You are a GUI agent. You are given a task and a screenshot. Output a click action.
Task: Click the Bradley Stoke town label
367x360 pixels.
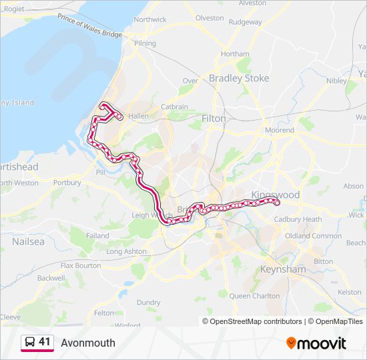(x=239, y=78)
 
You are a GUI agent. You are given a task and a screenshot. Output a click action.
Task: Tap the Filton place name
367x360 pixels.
(x=214, y=118)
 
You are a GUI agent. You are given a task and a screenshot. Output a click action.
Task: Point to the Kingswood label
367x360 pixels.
(x=276, y=195)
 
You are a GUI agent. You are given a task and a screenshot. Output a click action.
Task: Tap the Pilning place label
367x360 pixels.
(x=145, y=43)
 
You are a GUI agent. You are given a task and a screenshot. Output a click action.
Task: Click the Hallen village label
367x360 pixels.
(x=138, y=115)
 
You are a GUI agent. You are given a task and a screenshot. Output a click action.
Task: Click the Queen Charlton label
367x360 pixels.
(x=254, y=295)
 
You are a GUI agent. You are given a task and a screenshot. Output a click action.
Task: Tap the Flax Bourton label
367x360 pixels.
(x=81, y=265)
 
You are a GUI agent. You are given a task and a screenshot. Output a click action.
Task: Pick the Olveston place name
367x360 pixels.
(x=210, y=18)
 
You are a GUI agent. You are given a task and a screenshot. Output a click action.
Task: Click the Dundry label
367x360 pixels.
(x=148, y=302)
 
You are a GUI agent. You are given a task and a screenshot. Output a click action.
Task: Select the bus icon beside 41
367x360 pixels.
(x=30, y=342)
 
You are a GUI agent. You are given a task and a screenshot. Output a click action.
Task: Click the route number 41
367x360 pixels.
(x=45, y=342)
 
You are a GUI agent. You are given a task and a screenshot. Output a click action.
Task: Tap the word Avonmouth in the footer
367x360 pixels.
(x=88, y=343)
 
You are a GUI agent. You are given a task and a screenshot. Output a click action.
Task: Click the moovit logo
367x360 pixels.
(x=316, y=343)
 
